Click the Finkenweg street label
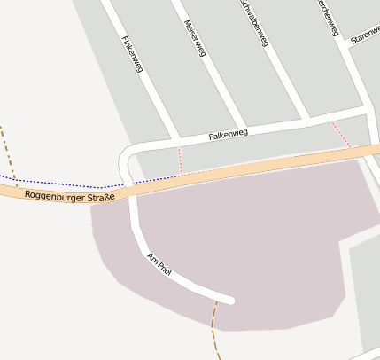[131, 55]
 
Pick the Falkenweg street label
[228, 134]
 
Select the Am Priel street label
[159, 264]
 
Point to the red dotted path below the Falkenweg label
[180, 160]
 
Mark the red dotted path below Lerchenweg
[342, 135]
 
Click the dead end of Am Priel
[231, 300]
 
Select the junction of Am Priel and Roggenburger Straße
[133, 191]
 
